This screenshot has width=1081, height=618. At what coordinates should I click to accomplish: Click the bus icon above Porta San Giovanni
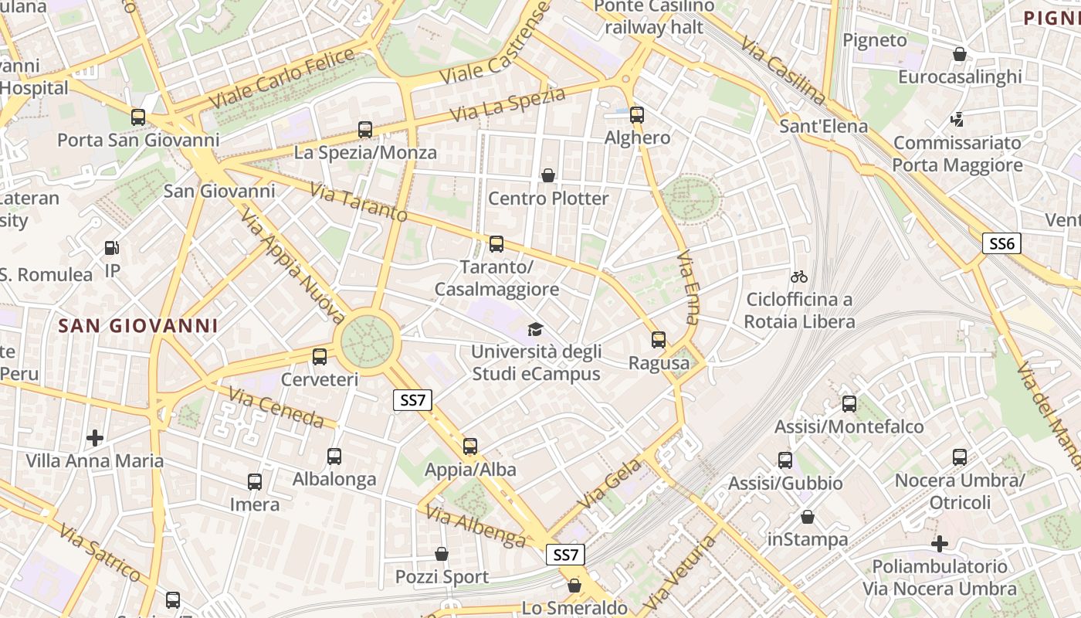pyautogui.click(x=138, y=117)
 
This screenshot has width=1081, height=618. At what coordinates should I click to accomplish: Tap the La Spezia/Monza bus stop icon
pyautogui.click(x=365, y=130)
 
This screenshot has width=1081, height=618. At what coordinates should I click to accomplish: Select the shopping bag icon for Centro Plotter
pyautogui.click(x=548, y=175)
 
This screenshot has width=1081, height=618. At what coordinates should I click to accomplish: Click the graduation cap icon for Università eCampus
pyautogui.click(x=535, y=330)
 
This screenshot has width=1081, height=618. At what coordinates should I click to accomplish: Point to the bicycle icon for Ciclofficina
pyautogui.click(x=799, y=277)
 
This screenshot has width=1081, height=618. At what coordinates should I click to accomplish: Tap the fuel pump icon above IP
pyautogui.click(x=113, y=248)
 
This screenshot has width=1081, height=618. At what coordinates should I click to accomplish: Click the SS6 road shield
pyautogui.click(x=1001, y=244)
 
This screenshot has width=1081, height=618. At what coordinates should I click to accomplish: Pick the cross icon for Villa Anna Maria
pyautogui.click(x=95, y=438)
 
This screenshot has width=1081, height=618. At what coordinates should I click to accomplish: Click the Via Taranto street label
pyautogui.click(x=358, y=202)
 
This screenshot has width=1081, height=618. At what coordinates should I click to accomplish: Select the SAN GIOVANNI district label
pyautogui.click(x=138, y=326)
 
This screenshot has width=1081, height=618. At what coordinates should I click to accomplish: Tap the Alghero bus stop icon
pyautogui.click(x=637, y=115)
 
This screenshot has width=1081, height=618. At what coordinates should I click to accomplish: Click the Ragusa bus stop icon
pyautogui.click(x=659, y=340)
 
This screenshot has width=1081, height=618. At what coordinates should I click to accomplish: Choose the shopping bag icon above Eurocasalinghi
pyautogui.click(x=960, y=54)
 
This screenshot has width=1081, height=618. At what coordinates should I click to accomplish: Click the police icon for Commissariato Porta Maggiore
pyautogui.click(x=957, y=120)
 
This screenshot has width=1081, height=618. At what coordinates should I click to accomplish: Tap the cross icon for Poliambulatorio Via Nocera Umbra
pyautogui.click(x=940, y=544)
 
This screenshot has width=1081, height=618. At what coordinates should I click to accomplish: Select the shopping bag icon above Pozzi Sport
pyautogui.click(x=442, y=554)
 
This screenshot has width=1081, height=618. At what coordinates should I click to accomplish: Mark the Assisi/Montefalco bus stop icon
pyautogui.click(x=849, y=403)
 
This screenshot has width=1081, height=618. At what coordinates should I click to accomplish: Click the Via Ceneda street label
pyautogui.click(x=276, y=409)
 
